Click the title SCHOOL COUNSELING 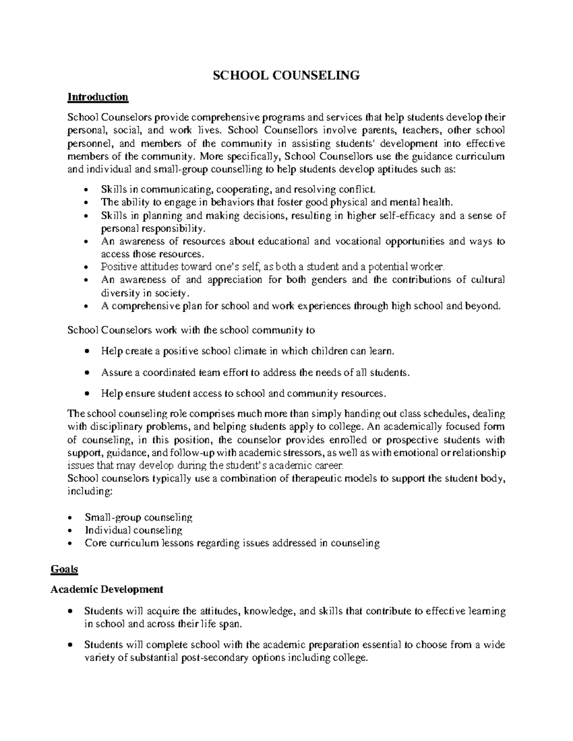click(286, 75)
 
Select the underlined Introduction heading click(98, 97)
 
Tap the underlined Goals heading click(64, 569)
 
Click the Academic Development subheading click(107, 589)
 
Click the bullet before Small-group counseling click(71, 518)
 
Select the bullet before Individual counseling click(71, 531)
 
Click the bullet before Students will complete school click(71, 646)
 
